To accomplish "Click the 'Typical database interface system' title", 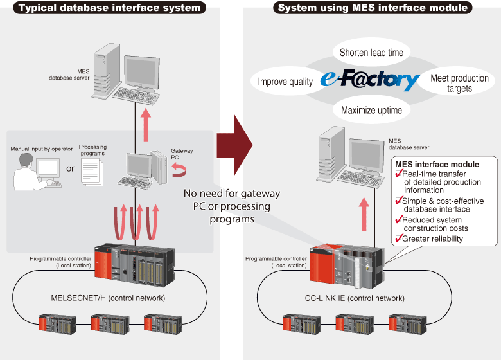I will click(109, 8).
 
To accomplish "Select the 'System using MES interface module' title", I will click(373, 8).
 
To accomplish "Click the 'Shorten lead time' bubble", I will click(371, 52).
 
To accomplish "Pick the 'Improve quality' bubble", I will click(285, 82).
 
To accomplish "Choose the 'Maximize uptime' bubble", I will click(371, 110).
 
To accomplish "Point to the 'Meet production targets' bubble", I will click(459, 83).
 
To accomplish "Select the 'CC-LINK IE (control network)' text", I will click(355, 298).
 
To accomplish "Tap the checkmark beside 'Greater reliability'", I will click(398, 238).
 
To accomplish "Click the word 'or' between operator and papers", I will click(69, 170).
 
